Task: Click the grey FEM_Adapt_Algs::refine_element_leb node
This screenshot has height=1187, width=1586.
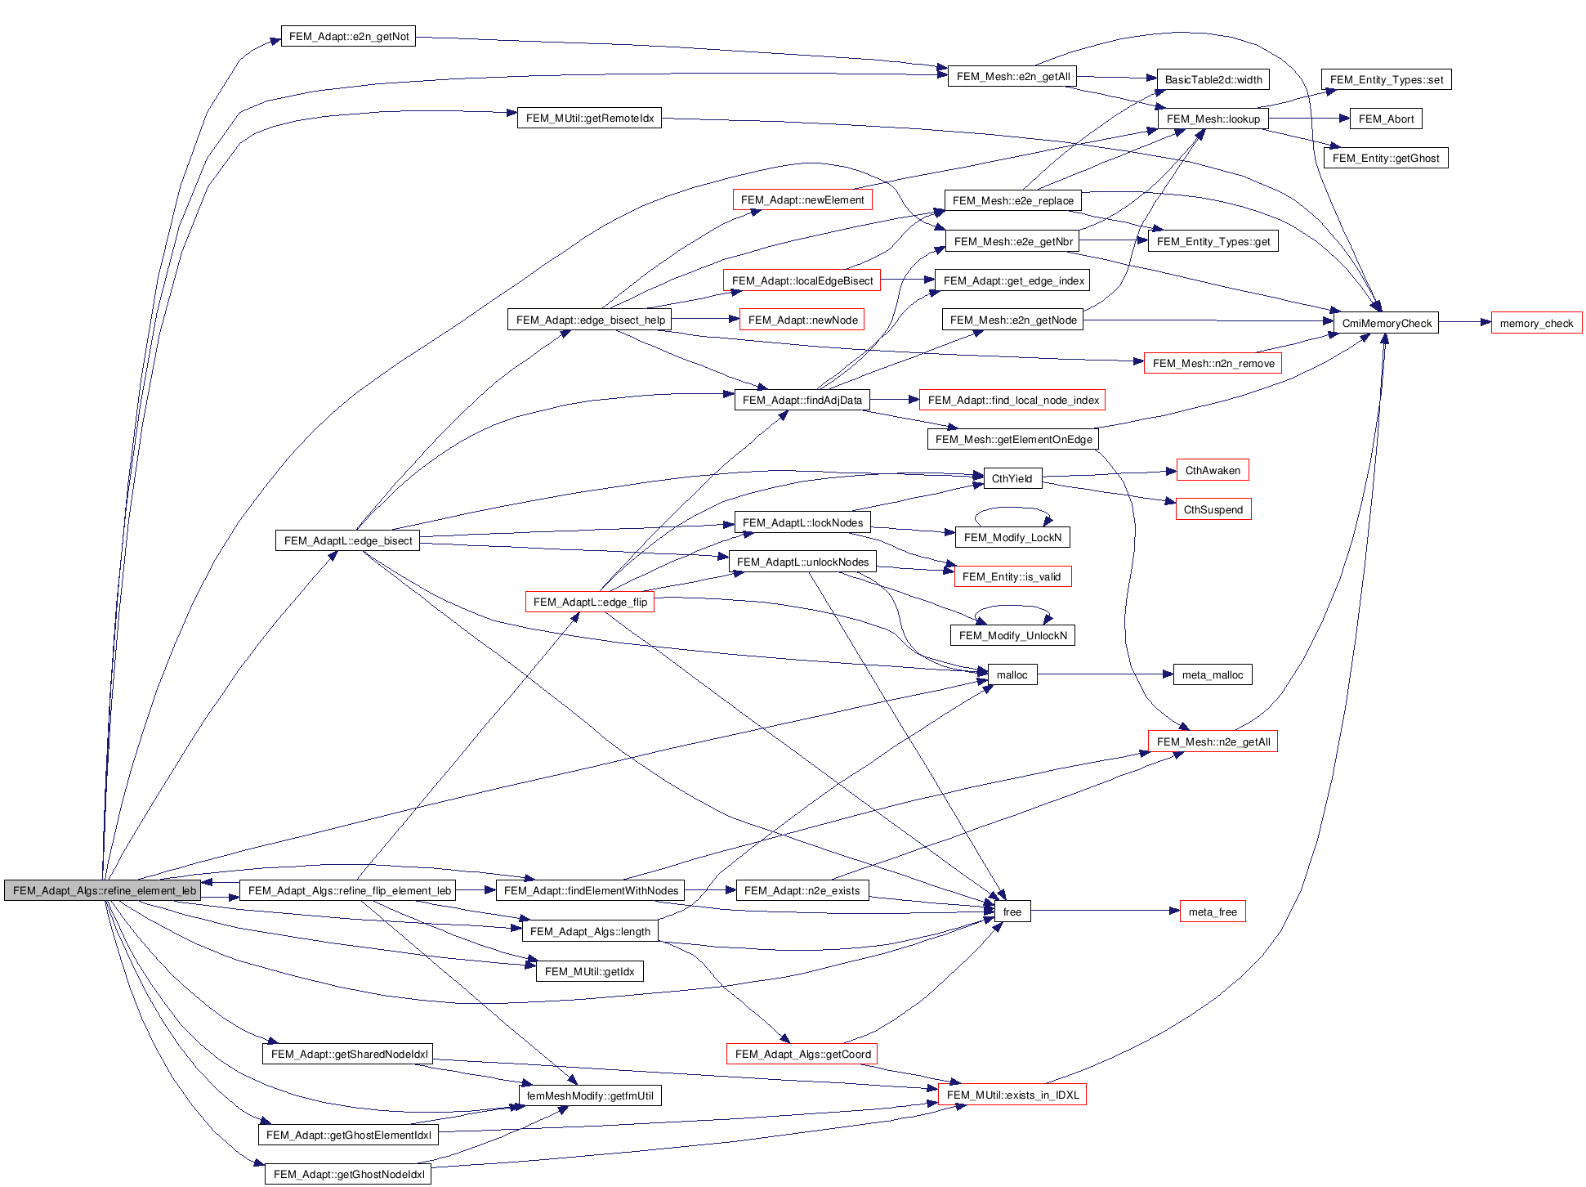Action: pos(103,890)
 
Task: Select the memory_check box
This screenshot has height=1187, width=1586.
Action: pos(1535,323)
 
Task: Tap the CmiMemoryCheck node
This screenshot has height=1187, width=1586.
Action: pos(1386,323)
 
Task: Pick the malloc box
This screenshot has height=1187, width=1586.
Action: pos(1012,674)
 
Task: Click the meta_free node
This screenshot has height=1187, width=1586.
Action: pos(1212,912)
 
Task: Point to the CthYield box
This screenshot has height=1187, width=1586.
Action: pos(1012,478)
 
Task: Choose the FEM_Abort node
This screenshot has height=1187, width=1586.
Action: pos(1386,119)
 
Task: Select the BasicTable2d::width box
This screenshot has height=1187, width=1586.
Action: pos(1213,79)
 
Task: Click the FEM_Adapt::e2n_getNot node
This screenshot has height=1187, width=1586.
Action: pos(348,36)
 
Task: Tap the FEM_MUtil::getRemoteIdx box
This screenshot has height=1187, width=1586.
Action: pos(589,118)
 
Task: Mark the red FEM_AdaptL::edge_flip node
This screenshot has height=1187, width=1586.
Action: pos(589,602)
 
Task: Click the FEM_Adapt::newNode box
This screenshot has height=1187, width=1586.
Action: pos(802,320)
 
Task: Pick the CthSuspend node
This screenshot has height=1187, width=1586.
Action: pos(1213,509)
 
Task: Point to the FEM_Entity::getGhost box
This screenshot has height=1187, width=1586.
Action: pos(1385,158)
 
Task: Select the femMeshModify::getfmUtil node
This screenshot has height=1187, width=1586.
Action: pos(589,1095)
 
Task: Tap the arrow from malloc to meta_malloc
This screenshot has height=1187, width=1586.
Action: pos(1103,674)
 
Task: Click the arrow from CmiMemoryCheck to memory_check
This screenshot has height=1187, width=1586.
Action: pos(1464,322)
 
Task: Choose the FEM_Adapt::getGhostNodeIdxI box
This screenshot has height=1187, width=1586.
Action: pos(348,1174)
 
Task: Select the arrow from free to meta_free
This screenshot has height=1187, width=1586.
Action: pos(1103,911)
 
